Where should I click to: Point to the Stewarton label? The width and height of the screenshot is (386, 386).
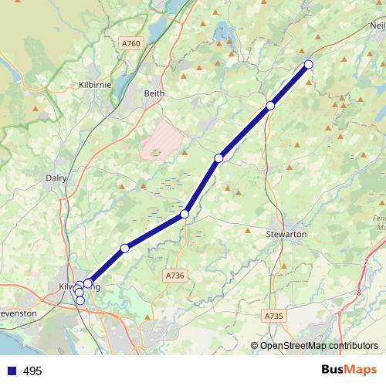286,233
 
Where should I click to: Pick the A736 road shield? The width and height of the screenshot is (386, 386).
175,275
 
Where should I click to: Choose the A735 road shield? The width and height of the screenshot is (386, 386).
273,316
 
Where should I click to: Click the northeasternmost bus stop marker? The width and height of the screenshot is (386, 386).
309,64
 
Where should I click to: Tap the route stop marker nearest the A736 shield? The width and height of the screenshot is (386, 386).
185,214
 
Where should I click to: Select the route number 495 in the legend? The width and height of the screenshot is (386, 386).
32,371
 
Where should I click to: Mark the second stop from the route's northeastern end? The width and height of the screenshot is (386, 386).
270,106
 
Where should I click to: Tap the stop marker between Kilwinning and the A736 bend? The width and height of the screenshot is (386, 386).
125,248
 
